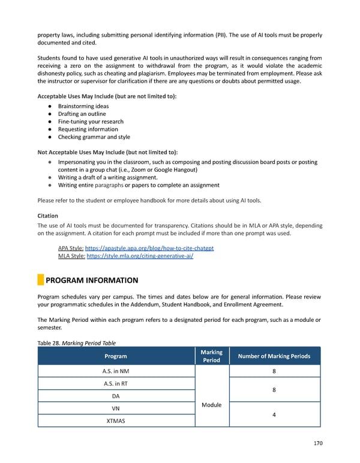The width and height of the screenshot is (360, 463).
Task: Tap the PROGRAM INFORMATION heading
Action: coord(92,280)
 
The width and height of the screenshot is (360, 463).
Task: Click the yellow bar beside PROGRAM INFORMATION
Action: coord(40,280)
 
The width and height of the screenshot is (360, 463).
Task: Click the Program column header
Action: coord(116,356)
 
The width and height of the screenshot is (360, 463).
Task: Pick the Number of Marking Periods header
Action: coord(274,356)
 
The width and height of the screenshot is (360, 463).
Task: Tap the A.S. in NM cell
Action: coord(116,371)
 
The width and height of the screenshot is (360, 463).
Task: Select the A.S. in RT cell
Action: coord(116,384)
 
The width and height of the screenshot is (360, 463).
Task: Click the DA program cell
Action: coord(116,396)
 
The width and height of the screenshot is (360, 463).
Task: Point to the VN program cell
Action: coord(116,408)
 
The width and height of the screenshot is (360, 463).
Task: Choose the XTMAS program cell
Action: coord(116,421)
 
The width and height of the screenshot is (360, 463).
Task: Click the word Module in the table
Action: coord(212,405)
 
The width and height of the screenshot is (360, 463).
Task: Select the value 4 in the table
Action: coord(274,414)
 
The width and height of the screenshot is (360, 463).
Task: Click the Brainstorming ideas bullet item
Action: coord(83,106)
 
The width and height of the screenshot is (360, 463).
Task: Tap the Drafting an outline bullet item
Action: coord(82,114)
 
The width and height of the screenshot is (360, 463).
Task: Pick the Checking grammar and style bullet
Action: coord(94,137)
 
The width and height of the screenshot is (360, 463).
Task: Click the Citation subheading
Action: coord(47,215)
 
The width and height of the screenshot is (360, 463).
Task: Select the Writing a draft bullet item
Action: coord(107,177)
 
